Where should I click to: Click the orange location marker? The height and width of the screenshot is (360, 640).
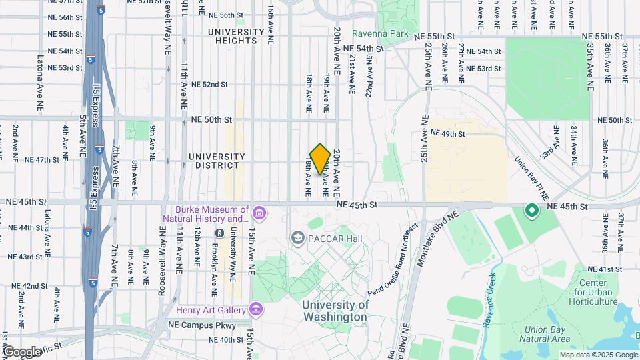point(320,159)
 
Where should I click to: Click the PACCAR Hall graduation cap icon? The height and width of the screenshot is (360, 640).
point(297,238)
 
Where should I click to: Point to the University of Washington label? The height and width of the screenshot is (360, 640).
point(335,311)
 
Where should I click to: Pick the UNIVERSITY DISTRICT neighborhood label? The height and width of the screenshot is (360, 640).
point(217,161)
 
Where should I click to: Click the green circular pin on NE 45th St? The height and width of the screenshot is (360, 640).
point(531,211)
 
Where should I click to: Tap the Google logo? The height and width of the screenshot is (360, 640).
point(21,351)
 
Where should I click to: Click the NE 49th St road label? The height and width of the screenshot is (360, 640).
point(457,133)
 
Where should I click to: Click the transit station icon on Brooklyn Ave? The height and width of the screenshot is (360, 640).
point(219,233)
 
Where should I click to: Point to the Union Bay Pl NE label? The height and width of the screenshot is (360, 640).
point(531,179)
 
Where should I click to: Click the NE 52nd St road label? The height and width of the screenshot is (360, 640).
point(209,85)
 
